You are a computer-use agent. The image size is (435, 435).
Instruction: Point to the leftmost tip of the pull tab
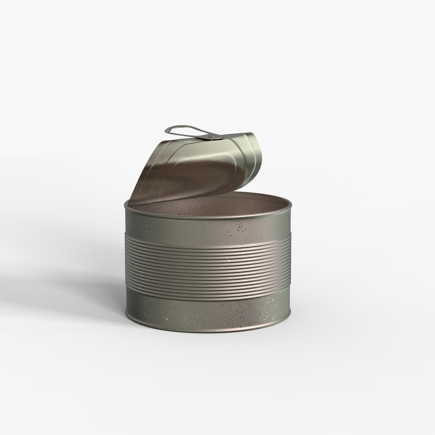166,130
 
